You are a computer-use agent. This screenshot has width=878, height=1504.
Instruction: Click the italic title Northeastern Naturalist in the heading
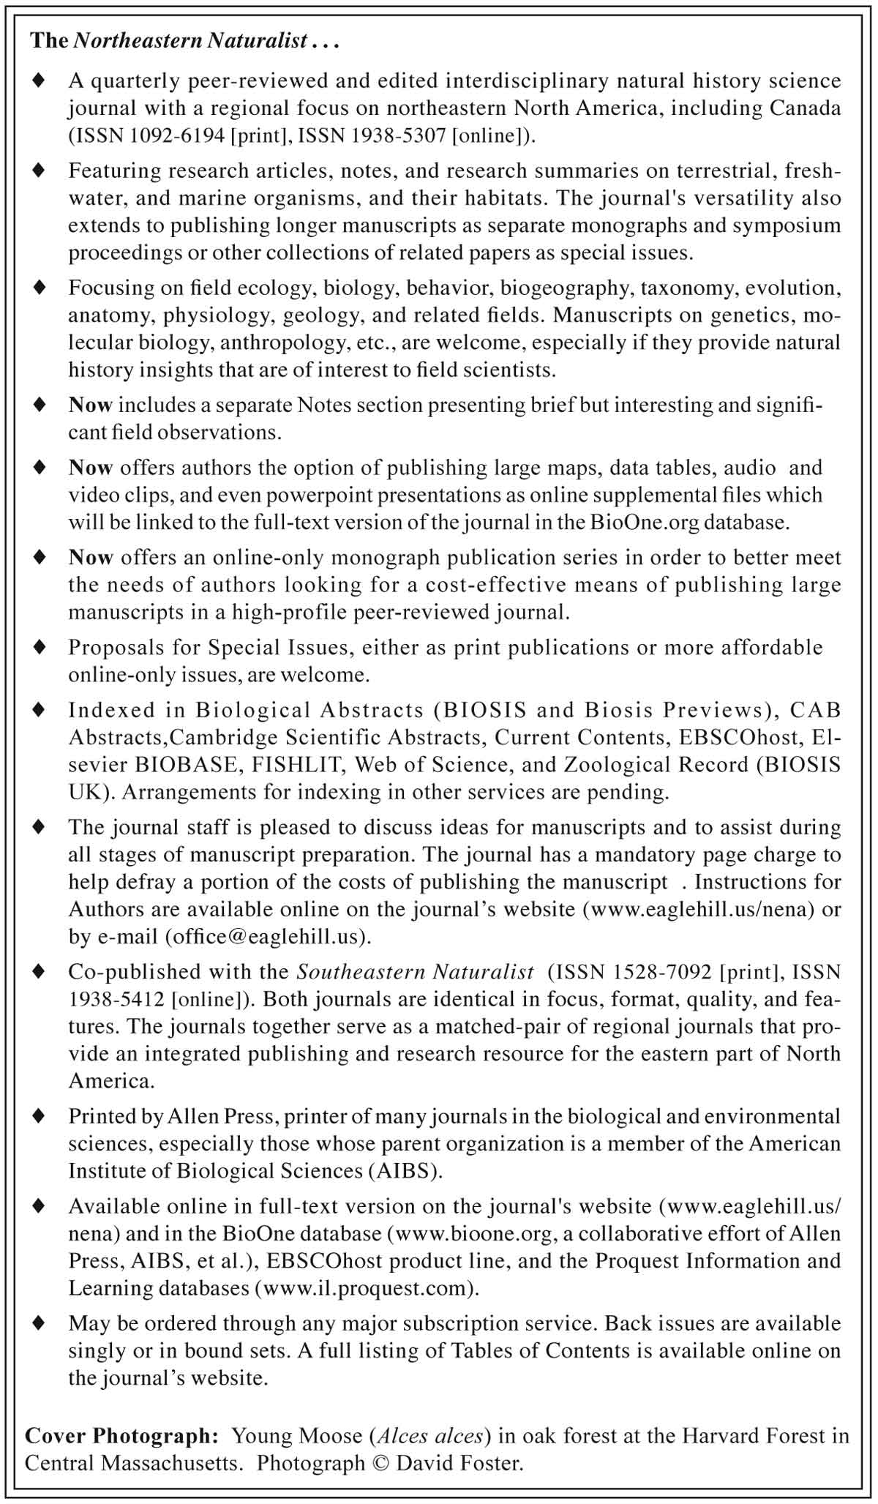(x=190, y=41)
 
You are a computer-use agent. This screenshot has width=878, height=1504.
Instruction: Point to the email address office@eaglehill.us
(x=269, y=937)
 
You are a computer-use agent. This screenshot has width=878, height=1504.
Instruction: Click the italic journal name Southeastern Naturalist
(x=415, y=972)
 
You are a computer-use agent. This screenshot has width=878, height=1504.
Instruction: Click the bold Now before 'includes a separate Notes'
(x=91, y=405)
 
